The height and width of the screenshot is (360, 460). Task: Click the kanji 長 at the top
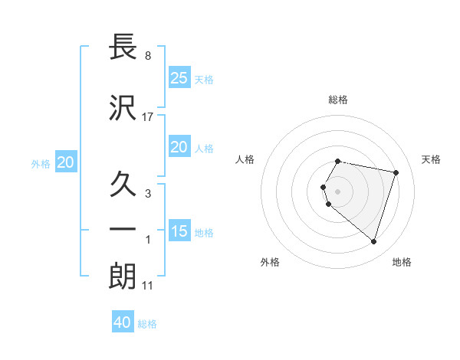click(123, 49)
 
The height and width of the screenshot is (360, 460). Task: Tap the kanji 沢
click(123, 108)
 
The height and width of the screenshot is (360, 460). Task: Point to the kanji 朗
click(123, 277)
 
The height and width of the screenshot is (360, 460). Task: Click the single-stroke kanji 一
click(123, 229)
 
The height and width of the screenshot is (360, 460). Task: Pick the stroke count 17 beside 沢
click(148, 116)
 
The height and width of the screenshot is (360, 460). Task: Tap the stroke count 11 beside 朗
click(148, 285)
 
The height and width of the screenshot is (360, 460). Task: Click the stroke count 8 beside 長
click(148, 56)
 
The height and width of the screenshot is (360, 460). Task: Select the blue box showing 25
click(179, 77)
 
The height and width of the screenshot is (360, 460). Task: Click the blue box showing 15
click(179, 231)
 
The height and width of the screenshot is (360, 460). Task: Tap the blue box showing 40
click(122, 322)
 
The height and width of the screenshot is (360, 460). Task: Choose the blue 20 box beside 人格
click(179, 147)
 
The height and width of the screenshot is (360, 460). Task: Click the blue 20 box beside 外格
click(66, 162)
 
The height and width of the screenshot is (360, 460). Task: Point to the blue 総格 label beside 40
click(147, 324)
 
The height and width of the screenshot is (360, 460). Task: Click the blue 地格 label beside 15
click(204, 233)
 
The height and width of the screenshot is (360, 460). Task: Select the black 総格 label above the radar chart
click(338, 100)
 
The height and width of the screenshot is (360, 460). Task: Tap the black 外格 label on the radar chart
click(270, 262)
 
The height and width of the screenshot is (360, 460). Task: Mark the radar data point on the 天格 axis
click(396, 172)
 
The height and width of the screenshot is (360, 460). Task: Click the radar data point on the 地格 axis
click(373, 242)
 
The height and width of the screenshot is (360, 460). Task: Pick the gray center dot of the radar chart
click(338, 191)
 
